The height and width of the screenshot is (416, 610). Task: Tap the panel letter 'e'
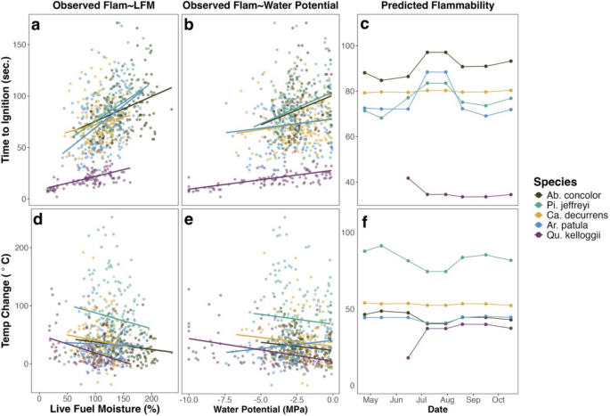tap(189, 224)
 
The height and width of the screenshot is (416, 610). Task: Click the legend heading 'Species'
tap(547, 178)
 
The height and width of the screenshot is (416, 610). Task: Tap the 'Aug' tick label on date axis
tap(448, 397)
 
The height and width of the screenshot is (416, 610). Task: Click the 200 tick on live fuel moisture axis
tap(152, 397)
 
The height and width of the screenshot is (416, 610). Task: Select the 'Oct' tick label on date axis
tap(498, 397)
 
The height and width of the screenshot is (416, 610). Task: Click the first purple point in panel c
tap(408, 178)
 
